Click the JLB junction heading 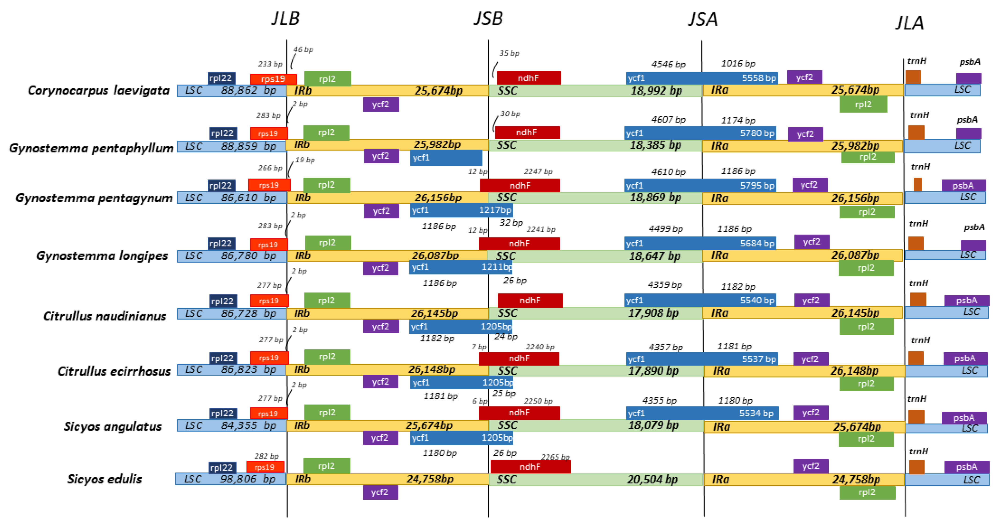click(x=285, y=19)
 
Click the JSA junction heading click(x=703, y=19)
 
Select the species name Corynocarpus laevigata click(x=99, y=90)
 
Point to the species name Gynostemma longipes click(x=102, y=256)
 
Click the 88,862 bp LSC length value click(x=248, y=90)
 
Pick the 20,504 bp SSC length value click(x=652, y=480)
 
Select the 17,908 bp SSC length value click(x=653, y=313)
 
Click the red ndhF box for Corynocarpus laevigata click(x=528, y=78)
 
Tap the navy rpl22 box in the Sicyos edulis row click(x=222, y=468)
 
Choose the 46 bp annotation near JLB click(x=303, y=50)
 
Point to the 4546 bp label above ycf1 click(x=669, y=64)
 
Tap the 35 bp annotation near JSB click(x=509, y=53)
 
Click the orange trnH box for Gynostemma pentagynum click(x=917, y=185)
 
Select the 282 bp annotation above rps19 click(x=267, y=456)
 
